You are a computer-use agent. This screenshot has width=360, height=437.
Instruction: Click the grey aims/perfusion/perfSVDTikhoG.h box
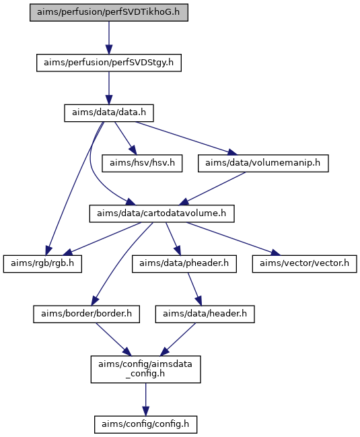point(109,13)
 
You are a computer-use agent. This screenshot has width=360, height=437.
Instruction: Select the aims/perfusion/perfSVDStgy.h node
point(109,63)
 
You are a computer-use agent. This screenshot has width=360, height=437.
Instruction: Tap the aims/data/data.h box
point(109,113)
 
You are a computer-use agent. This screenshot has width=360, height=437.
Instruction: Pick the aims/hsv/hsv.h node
point(142,164)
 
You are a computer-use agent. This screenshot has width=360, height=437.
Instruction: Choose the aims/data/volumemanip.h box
point(263,164)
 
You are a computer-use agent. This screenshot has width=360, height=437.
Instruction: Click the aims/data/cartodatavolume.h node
point(161,213)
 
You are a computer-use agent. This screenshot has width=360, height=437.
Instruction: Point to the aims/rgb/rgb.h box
point(42,264)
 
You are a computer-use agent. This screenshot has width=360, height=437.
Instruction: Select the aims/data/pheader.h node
point(184,264)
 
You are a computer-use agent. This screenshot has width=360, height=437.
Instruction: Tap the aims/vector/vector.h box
point(305,264)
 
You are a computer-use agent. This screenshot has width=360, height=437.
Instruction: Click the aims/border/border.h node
point(86,314)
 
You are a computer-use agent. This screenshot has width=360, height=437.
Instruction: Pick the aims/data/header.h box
point(205,314)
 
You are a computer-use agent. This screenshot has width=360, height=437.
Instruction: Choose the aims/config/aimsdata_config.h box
point(145,369)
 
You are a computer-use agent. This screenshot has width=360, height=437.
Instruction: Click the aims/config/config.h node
point(145,425)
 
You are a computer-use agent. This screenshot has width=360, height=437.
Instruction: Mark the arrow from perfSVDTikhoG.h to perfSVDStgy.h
point(109,38)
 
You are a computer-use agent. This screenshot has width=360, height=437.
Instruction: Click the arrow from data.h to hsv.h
point(126,138)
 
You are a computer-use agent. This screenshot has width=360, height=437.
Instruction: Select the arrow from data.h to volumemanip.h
point(186,138)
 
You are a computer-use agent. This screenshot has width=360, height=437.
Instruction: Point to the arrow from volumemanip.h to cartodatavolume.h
point(212,189)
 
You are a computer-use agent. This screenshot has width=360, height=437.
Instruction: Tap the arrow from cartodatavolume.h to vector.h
point(233,239)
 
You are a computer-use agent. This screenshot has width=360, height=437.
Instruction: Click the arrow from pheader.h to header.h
point(194,290)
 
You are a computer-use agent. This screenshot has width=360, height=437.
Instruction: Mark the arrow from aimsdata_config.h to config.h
point(145,400)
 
